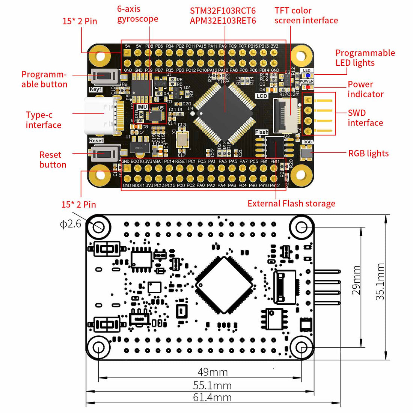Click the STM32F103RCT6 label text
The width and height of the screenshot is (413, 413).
tap(223, 11)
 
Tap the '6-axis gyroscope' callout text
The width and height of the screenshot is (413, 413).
tap(137, 14)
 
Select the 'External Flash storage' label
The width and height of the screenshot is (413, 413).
tap(291, 203)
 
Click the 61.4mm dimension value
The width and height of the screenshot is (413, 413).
tap(212, 398)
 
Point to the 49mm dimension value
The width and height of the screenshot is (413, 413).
tap(213, 372)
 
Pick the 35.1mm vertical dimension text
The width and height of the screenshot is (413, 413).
tap(380, 282)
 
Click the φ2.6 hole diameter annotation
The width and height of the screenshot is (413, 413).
tap(71, 224)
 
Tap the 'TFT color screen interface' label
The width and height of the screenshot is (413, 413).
tap(306, 16)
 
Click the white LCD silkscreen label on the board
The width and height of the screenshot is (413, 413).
tap(262, 96)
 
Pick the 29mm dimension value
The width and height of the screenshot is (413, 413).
tap(356, 280)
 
